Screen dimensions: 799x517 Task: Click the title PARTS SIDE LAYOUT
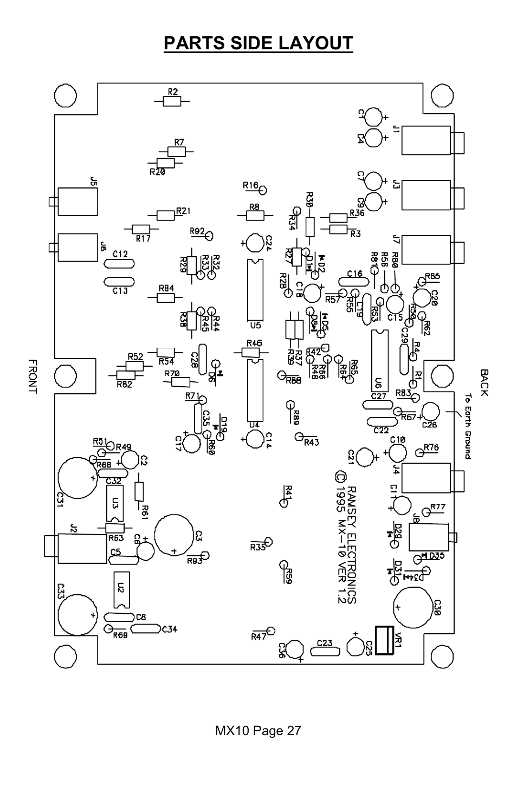[x=258, y=43]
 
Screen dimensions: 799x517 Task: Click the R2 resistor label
[x=172, y=92]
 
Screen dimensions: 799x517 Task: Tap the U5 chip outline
[x=255, y=290]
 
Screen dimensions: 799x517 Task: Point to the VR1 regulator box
[x=384, y=641]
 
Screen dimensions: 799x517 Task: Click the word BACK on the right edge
[x=484, y=382]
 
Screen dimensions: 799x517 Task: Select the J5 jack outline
[x=76, y=201]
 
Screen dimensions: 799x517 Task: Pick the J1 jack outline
[x=425, y=140]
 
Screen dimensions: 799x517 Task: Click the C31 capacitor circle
[x=76, y=477]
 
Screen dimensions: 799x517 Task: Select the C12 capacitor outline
[x=119, y=264]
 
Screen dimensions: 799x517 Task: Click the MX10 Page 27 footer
[x=258, y=731]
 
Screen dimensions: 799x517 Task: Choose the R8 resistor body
[x=254, y=215]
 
